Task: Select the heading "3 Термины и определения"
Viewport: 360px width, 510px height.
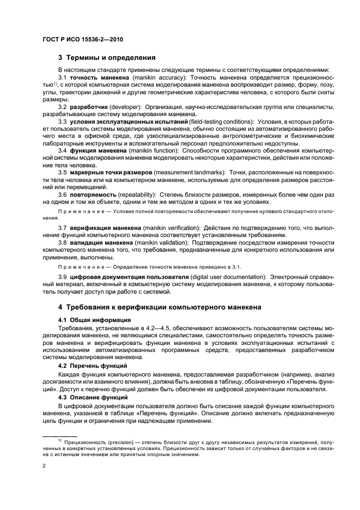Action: (x=106, y=57)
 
